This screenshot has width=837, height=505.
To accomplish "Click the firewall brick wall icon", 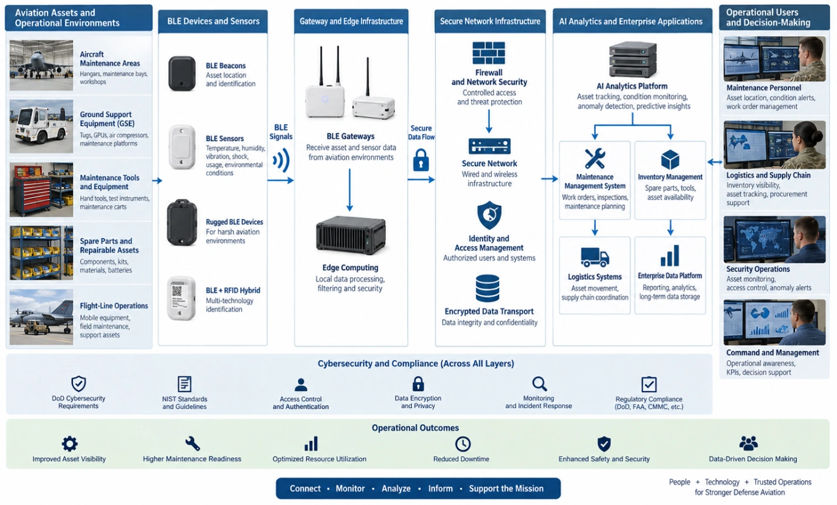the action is click(x=488, y=53).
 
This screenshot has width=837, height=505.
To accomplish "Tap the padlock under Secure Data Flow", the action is click(x=421, y=160).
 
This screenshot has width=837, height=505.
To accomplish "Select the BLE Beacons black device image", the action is click(x=182, y=74).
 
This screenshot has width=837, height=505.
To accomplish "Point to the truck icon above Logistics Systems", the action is click(x=595, y=257).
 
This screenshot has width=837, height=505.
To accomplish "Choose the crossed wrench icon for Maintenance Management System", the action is click(x=595, y=159).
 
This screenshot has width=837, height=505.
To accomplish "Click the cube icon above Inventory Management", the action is click(x=670, y=160).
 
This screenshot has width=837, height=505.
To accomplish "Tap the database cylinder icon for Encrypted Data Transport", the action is click(x=488, y=288).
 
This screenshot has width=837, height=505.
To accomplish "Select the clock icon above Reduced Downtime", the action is click(x=462, y=444).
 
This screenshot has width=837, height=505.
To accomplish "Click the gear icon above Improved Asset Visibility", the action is click(x=70, y=444).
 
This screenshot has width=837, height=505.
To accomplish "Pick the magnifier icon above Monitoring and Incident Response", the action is click(x=540, y=384).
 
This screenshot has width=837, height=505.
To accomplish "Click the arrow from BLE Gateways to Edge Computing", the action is click(x=350, y=190).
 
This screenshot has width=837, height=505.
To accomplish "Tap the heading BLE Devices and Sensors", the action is click(x=214, y=21).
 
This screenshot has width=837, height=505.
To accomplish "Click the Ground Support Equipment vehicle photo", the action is click(x=42, y=126).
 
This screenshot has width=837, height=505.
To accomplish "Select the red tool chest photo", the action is click(x=42, y=190).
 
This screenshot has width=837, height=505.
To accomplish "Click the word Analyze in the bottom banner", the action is click(x=396, y=489).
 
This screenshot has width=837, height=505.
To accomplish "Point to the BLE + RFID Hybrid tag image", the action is click(x=181, y=298).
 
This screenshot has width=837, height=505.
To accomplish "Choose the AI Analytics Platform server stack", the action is click(x=633, y=60).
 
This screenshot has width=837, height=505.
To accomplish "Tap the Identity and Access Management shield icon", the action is click(x=489, y=215).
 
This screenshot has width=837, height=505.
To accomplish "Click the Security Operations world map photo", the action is click(x=774, y=239).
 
